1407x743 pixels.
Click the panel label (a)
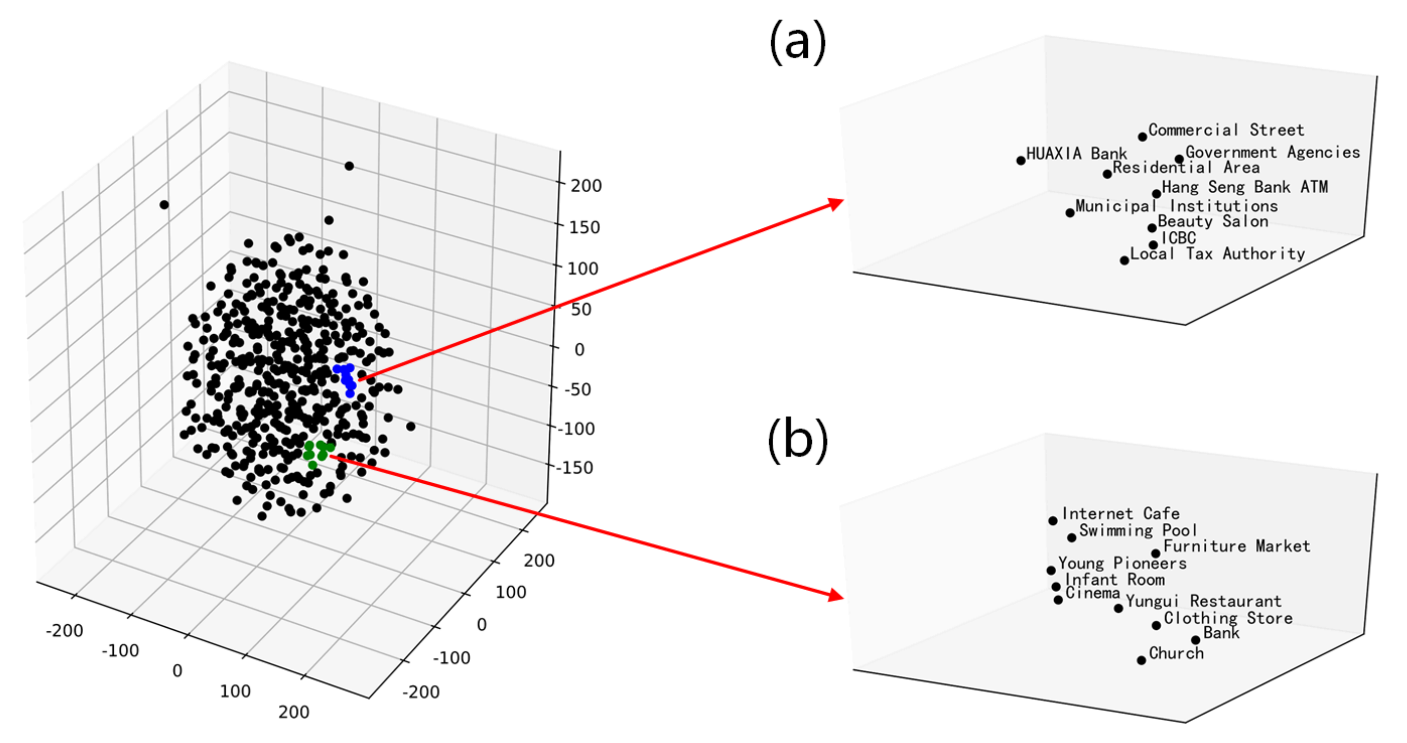click(x=797, y=43)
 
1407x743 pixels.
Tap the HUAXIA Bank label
click(x=1076, y=154)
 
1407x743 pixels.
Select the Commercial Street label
click(x=1226, y=130)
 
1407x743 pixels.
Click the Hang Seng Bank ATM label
click(x=1244, y=187)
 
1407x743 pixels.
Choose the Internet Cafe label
click(x=1120, y=514)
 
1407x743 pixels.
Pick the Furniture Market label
click(x=1236, y=546)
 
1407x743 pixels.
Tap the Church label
click(x=1176, y=653)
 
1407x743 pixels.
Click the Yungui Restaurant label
click(x=1203, y=601)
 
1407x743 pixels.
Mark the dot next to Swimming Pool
click(x=1072, y=538)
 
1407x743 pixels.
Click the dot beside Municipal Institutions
click(x=1070, y=213)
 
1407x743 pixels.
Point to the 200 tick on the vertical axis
click(x=586, y=186)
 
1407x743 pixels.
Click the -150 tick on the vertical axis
click(x=575, y=467)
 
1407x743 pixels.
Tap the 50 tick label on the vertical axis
click(x=581, y=309)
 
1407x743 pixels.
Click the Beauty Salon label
click(x=1213, y=222)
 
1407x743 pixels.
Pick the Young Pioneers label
click(x=1122, y=563)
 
